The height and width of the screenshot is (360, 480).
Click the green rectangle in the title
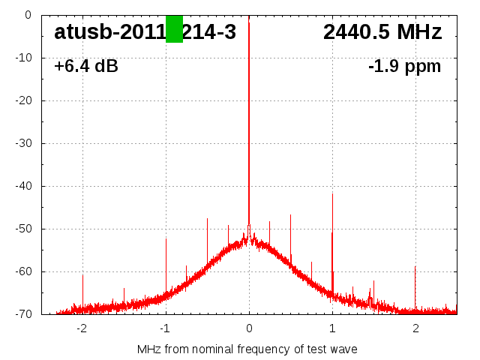click(174, 29)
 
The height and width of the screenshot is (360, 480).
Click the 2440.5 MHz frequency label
click(382, 32)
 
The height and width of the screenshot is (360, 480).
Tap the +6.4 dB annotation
click(85, 67)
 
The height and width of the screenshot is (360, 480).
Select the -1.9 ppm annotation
click(404, 67)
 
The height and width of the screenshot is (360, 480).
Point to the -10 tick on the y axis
click(34, 58)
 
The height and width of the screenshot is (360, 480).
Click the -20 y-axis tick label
click(34, 100)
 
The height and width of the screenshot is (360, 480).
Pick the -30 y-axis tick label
click(34, 143)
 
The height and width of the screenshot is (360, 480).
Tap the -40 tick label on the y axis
click(34, 186)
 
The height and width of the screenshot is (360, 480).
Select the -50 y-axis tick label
click(34, 229)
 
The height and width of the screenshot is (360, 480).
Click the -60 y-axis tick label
click(34, 271)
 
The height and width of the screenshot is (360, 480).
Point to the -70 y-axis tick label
click(34, 314)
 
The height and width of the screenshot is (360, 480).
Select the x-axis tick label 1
click(332, 328)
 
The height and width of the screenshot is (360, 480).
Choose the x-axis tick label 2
click(415, 328)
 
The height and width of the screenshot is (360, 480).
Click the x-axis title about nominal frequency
click(247, 349)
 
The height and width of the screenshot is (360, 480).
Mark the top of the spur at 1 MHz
click(332, 193)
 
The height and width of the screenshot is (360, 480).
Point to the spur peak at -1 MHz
click(166, 238)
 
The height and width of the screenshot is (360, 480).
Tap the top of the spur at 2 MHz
click(415, 266)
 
